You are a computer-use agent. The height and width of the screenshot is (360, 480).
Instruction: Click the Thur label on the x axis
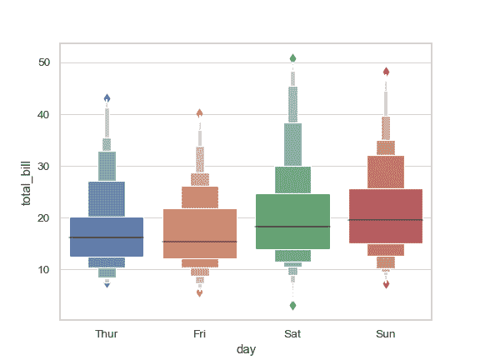pyautogui.click(x=107, y=334)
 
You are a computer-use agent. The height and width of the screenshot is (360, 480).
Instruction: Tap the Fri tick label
pyautogui.click(x=200, y=334)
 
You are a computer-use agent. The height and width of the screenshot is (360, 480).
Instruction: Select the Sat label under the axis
pyautogui.click(x=292, y=334)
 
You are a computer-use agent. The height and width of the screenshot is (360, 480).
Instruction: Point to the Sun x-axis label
pyautogui.click(x=386, y=334)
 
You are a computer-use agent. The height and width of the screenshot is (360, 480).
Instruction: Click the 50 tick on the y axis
pyautogui.click(x=44, y=62)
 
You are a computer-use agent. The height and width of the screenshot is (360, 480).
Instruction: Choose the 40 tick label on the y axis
pyautogui.click(x=44, y=114)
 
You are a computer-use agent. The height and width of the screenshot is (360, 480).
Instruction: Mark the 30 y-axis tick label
pyautogui.click(x=44, y=166)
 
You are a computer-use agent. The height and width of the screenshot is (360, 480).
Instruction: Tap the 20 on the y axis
pyautogui.click(x=44, y=217)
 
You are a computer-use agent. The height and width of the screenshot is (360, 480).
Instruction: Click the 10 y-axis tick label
pyautogui.click(x=44, y=269)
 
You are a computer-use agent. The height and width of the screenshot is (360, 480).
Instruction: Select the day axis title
pyautogui.click(x=246, y=350)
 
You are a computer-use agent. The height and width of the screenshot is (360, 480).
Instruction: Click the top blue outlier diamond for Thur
pyautogui.click(x=107, y=98)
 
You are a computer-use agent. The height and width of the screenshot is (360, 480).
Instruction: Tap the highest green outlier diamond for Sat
pyautogui.click(x=292, y=58)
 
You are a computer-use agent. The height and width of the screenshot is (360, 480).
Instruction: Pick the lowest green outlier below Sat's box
pyautogui.click(x=292, y=306)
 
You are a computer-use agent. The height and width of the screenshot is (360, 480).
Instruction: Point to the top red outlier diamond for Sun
pyautogui.click(x=386, y=72)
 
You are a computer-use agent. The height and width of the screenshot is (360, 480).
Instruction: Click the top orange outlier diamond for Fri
pyautogui.click(x=200, y=113)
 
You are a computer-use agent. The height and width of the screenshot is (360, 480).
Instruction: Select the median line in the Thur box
pyautogui.click(x=107, y=237)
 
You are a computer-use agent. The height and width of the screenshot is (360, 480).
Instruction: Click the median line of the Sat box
pyautogui.click(x=292, y=227)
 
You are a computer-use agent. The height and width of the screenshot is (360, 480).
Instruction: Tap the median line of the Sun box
pyautogui.click(x=386, y=220)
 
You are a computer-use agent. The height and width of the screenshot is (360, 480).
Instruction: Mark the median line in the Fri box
pyautogui.click(x=200, y=242)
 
